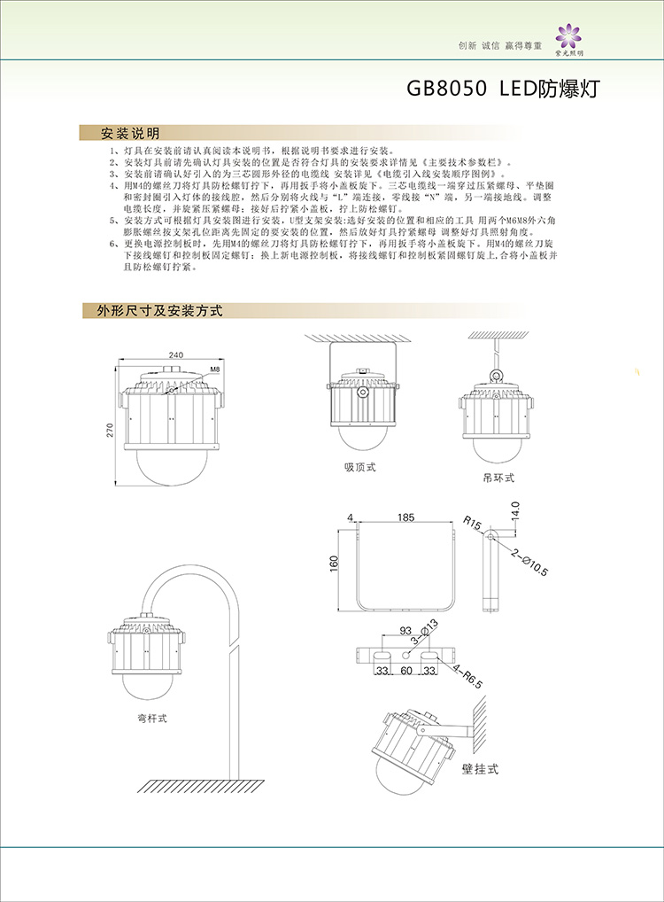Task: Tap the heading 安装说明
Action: (130, 134)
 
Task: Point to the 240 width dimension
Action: (175, 355)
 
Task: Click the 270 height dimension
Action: (110, 430)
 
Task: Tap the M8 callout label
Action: (214, 367)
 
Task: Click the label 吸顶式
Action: (360, 467)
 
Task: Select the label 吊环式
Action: (498, 478)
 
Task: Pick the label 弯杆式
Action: (151, 718)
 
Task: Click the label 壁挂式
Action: (480, 768)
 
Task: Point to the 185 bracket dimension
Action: (406, 516)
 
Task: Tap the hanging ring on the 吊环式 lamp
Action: (498, 361)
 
